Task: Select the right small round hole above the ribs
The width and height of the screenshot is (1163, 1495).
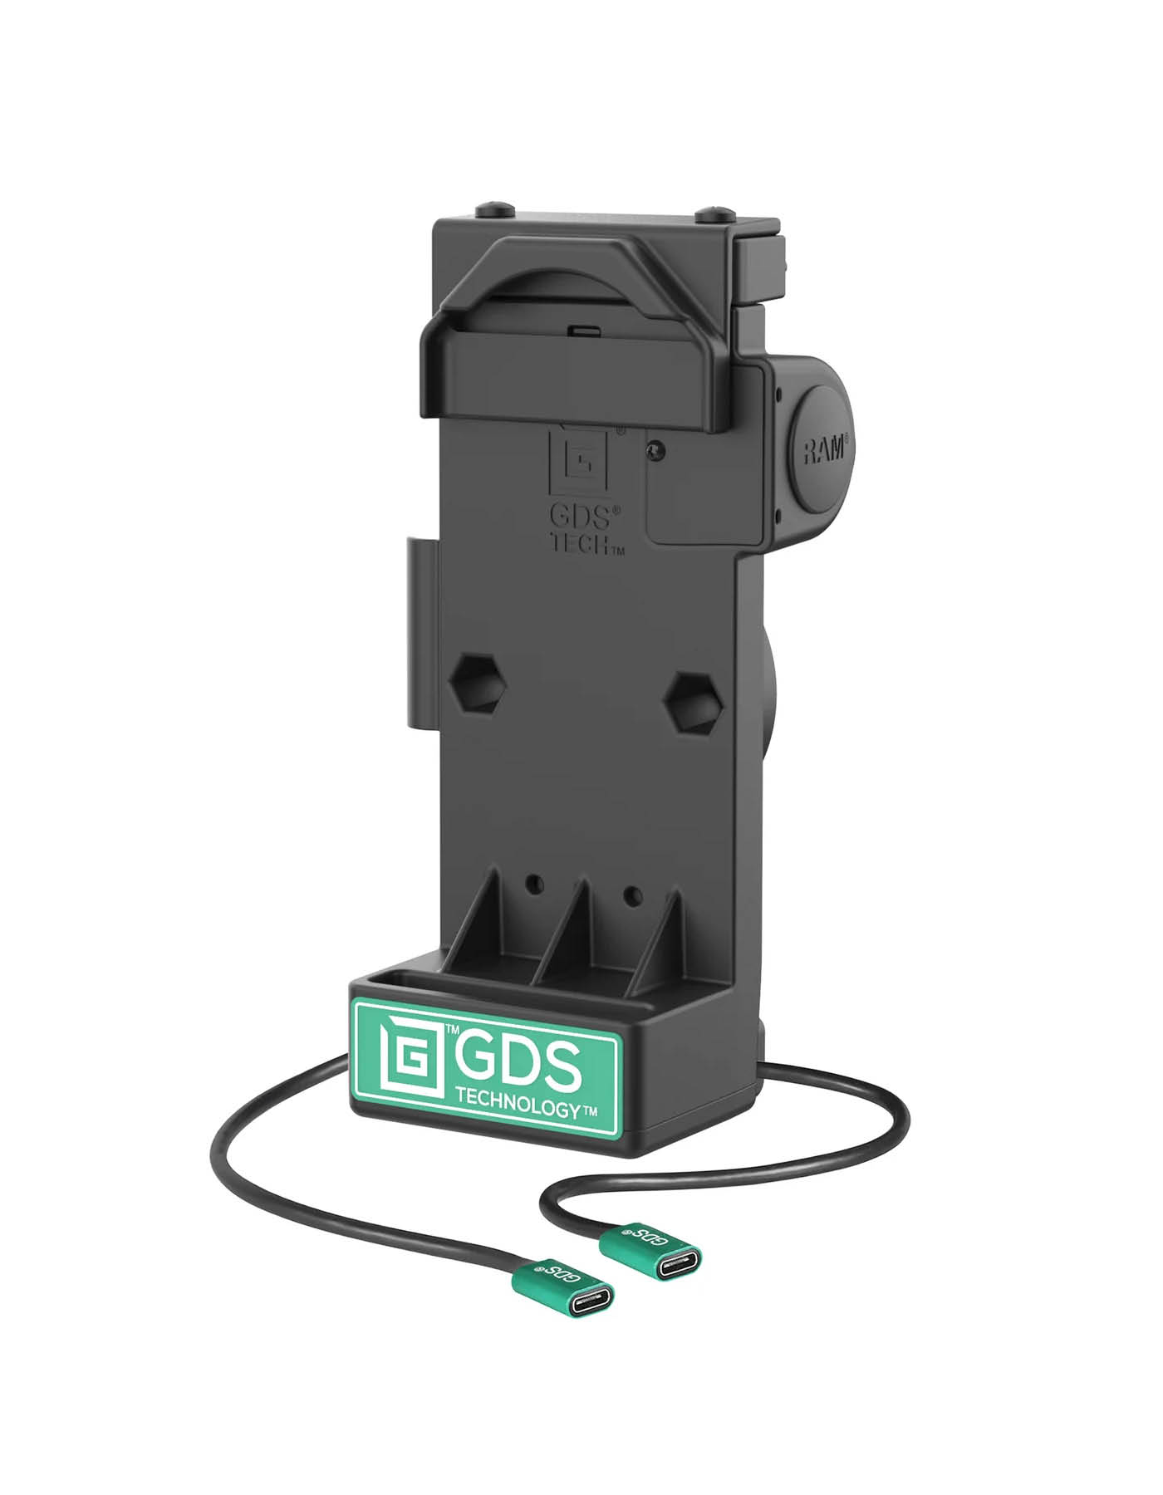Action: pyautogui.click(x=633, y=895)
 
